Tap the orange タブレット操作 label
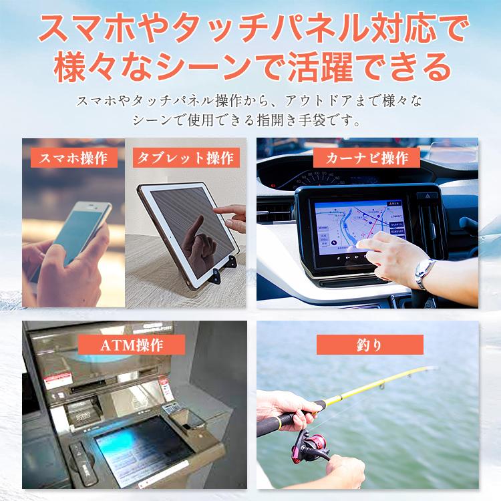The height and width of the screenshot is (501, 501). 185,158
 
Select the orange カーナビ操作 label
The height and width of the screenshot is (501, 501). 367,158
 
